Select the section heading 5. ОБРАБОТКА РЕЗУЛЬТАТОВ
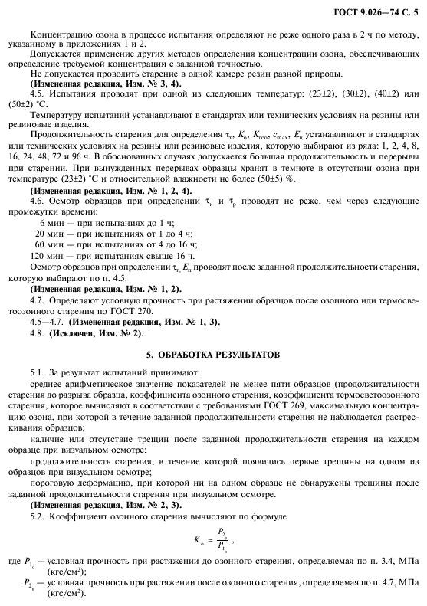[x=214, y=356]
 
